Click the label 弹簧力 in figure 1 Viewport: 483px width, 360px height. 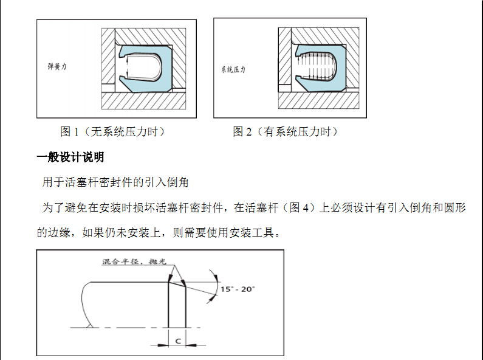click(57, 66)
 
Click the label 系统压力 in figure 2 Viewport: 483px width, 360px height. click(233, 70)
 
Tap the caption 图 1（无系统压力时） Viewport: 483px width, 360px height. click(113, 131)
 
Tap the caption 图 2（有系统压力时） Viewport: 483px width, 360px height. click(286, 131)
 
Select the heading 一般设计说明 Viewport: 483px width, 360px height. click(70, 157)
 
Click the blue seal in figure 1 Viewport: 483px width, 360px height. click(166, 69)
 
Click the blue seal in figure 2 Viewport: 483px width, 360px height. click(341, 68)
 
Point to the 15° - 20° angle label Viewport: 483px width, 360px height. click(238, 289)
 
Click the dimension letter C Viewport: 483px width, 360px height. click(178, 341)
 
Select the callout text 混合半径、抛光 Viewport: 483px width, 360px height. click(134, 261)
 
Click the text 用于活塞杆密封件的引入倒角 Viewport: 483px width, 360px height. click(115, 182)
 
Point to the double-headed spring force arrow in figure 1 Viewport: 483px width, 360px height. click(127, 67)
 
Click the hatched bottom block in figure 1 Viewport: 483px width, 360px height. click(143, 100)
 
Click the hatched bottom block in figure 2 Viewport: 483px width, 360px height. click(318, 100)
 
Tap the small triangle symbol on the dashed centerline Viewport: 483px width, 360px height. click(90, 325)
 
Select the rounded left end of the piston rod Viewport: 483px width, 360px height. click(84, 303)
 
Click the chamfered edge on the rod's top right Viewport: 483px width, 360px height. click(177, 284)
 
